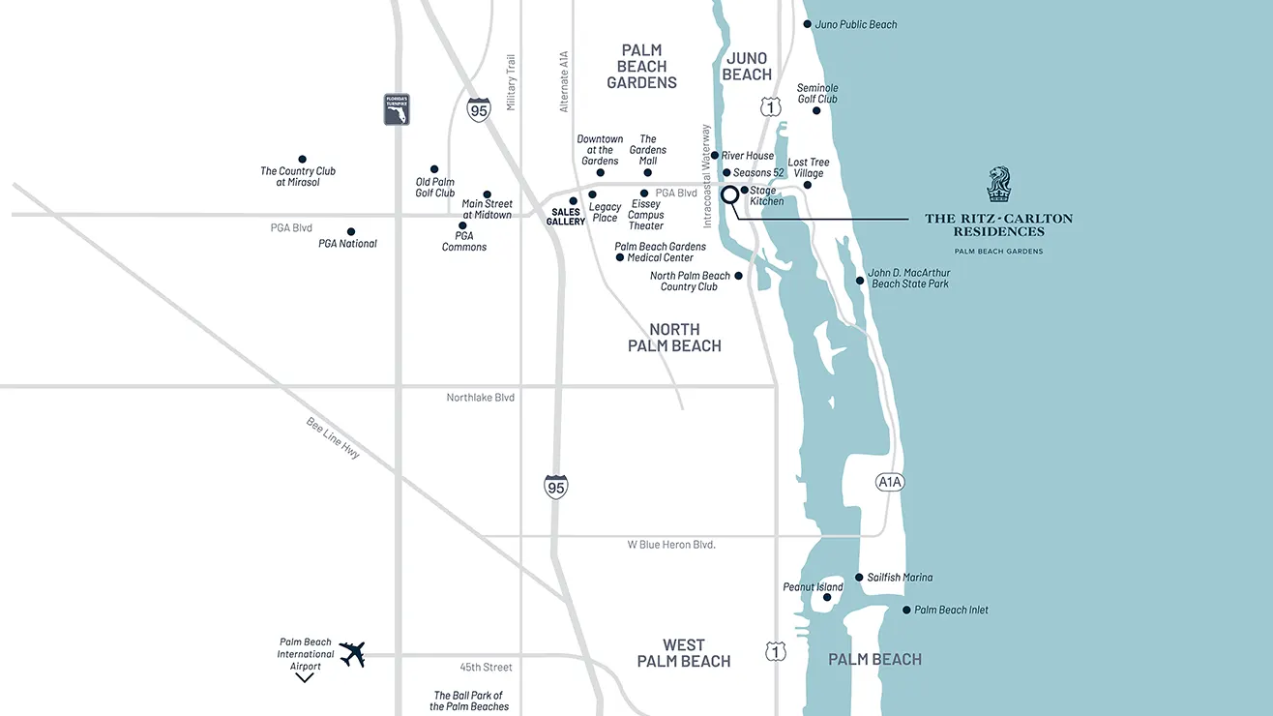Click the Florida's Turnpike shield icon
pos(397,109)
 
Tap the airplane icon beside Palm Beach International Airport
pos(352,654)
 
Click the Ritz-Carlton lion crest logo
pos(999,185)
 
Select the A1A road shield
pos(890,481)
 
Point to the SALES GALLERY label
pos(566,217)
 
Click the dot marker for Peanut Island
pos(827,598)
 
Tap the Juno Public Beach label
pos(856,24)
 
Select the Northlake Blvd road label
pos(481,398)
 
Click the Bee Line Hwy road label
pos(333,437)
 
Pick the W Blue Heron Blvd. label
pos(671,545)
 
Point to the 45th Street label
pos(487,668)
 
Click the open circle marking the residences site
pos(730,194)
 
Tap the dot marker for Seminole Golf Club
pos(816,110)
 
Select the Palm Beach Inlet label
pos(951,610)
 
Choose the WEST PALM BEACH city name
pos(684,653)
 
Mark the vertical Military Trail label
pos(512,82)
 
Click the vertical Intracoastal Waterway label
pos(707,176)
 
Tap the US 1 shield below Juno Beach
pos(771,107)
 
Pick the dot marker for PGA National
pos(351,232)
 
